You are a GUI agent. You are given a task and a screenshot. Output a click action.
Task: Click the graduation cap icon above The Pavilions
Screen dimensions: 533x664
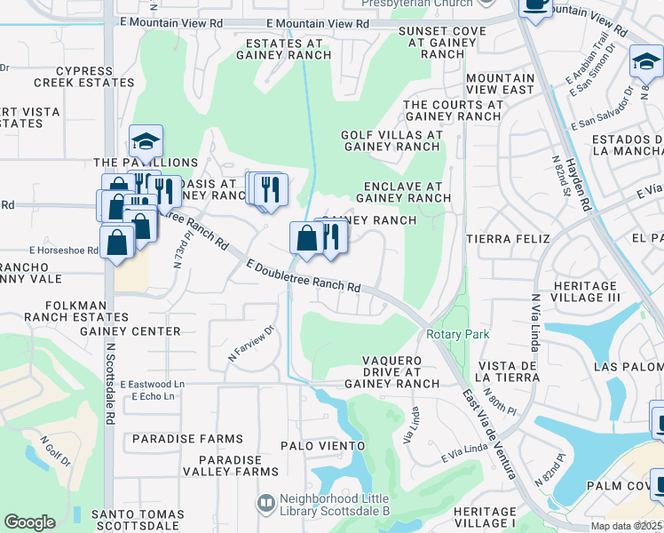click(x=146, y=140)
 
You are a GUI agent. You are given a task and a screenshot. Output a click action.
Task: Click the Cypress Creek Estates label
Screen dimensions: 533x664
click(x=83, y=76)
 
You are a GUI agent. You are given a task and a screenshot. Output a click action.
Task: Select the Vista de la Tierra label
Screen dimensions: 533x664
click(x=509, y=372)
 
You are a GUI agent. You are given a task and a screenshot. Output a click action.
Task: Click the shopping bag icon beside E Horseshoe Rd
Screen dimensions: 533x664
click(x=117, y=243)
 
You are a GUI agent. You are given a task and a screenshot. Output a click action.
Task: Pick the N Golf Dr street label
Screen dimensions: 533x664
click(x=55, y=450)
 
